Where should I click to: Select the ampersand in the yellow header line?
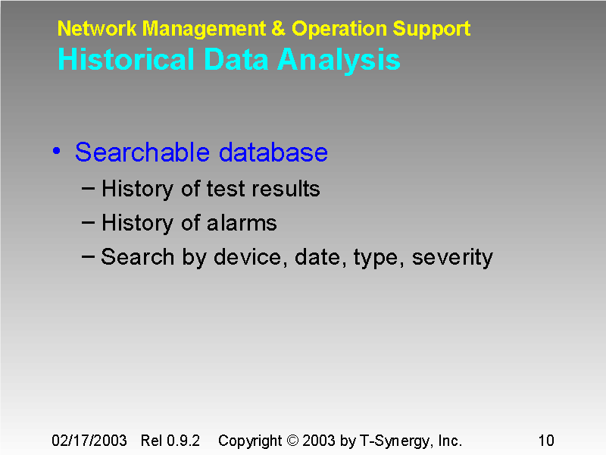pyautogui.click(x=279, y=30)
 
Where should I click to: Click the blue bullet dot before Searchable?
pyautogui.click(x=57, y=152)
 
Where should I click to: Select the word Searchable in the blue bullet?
pyautogui.click(x=144, y=152)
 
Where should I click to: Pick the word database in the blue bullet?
pyautogui.click(x=273, y=152)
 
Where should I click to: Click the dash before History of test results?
pyautogui.click(x=88, y=187)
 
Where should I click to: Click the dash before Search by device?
pyautogui.click(x=88, y=256)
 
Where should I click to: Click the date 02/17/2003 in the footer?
pyautogui.click(x=89, y=441)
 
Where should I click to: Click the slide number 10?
pyautogui.click(x=545, y=441)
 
